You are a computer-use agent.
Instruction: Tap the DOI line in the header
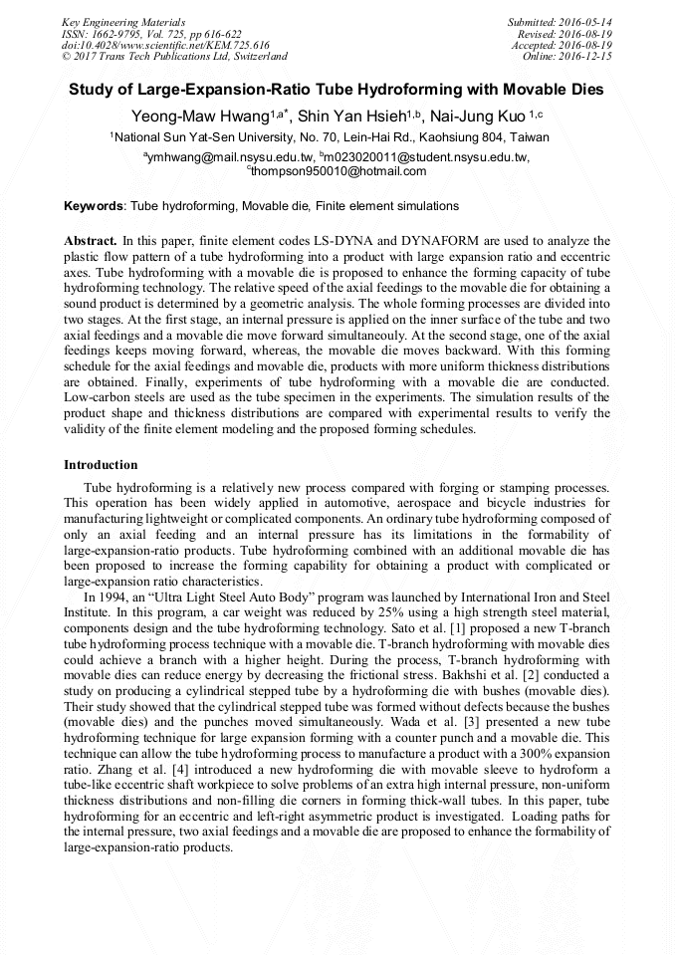coord(165,45)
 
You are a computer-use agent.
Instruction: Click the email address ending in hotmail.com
coord(338,171)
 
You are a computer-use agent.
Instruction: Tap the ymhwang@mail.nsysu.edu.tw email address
coord(228,157)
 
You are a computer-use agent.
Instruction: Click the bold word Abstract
coord(90,241)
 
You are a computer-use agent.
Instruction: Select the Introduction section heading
coord(101,465)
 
